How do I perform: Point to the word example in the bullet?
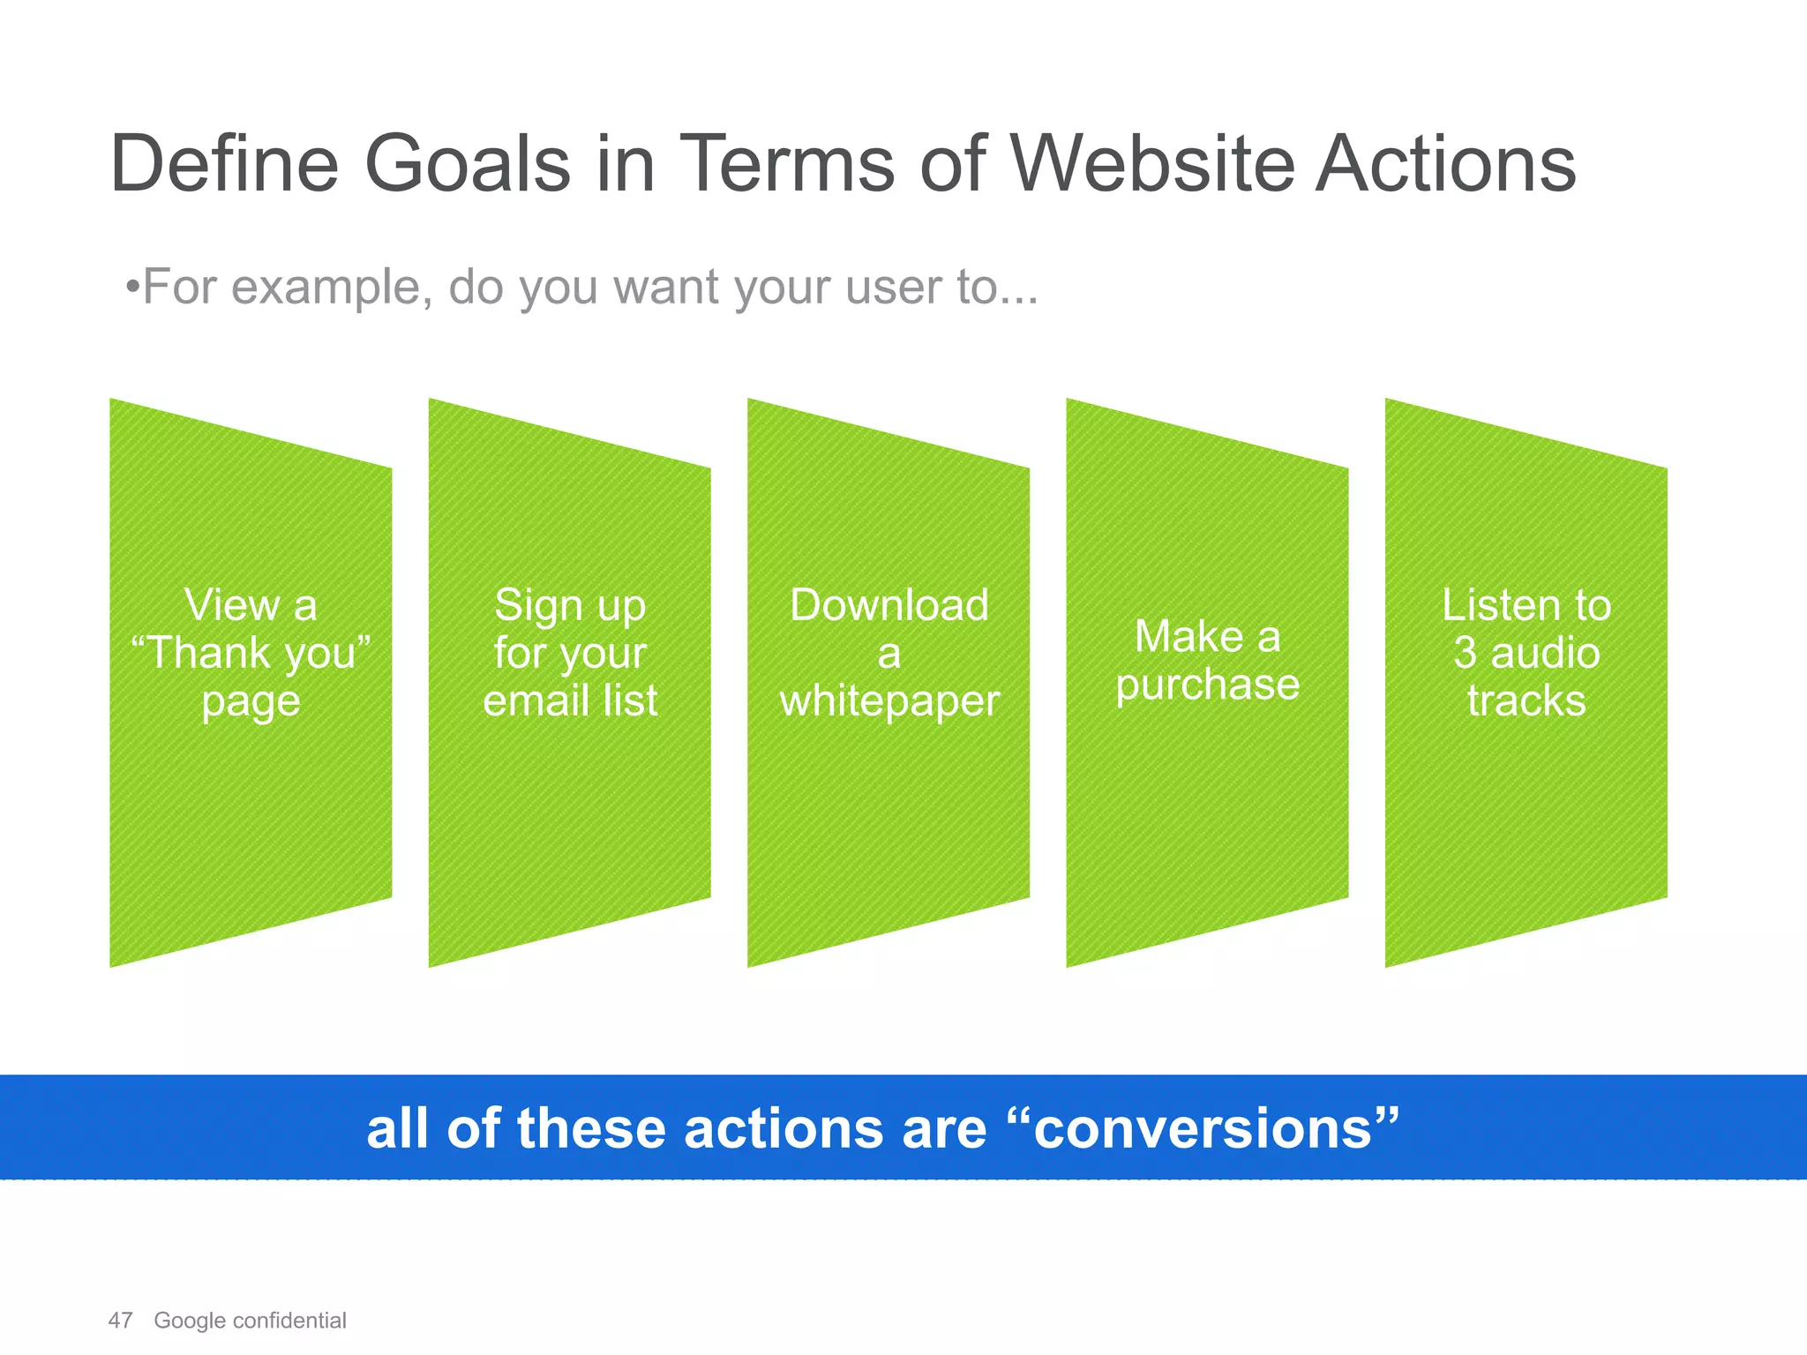pyautogui.click(x=331, y=287)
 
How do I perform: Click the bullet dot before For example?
pyautogui.click(x=131, y=288)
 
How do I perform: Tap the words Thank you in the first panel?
pyautogui.click(x=251, y=654)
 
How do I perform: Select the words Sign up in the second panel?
pyautogui.click(x=570, y=606)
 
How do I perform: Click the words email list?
pyautogui.click(x=570, y=700)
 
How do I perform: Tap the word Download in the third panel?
pyautogui.click(x=889, y=605)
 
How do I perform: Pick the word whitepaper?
pyautogui.click(x=889, y=701)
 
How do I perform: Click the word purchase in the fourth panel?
pyautogui.click(x=1207, y=685)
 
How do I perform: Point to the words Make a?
pyautogui.click(x=1207, y=636)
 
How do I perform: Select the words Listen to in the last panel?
pyautogui.click(x=1526, y=605)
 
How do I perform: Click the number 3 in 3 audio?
pyautogui.click(x=1465, y=653)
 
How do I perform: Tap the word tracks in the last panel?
pyautogui.click(x=1526, y=700)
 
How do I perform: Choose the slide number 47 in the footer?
pyautogui.click(x=120, y=1321)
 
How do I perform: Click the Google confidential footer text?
pyautogui.click(x=250, y=1321)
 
